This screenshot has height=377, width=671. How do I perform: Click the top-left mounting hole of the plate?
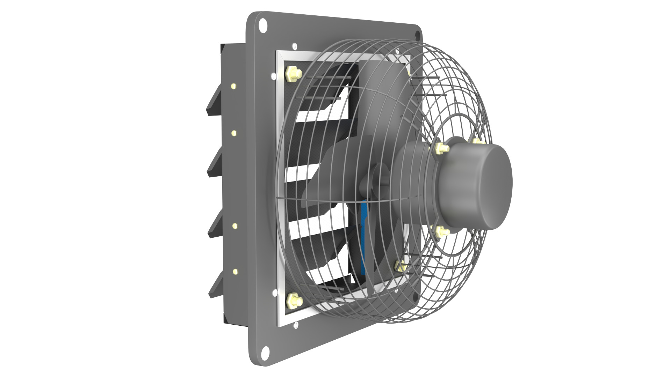pos(262,25)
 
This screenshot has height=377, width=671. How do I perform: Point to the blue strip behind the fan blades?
pos(364,237)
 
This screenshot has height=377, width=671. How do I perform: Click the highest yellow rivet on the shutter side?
pos(233,86)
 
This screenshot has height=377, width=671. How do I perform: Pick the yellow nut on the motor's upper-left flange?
pos(441,148)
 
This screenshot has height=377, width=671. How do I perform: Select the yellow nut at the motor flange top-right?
pos(477,141)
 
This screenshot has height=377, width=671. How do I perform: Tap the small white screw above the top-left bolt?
pos(294,46)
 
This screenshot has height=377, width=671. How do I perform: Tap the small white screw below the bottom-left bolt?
pos(296,325)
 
